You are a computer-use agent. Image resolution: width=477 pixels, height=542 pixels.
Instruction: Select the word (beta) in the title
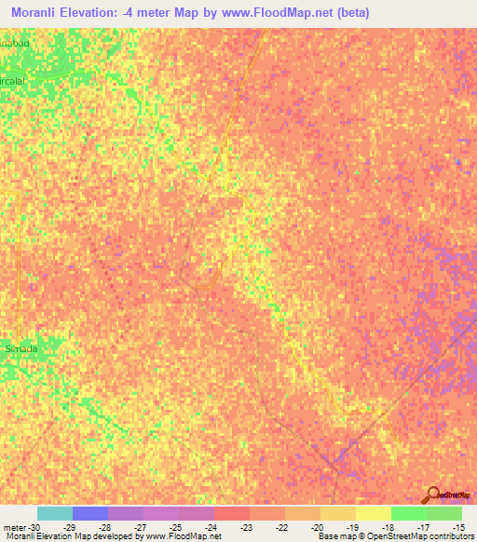coord(352,12)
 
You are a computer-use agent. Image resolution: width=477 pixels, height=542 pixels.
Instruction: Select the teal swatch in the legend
coord(54,513)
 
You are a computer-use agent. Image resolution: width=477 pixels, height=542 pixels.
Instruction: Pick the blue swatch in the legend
coord(89,513)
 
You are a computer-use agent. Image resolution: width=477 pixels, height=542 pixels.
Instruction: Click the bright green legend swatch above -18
coord(408,513)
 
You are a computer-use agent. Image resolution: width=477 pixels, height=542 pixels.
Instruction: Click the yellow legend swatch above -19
coord(373,513)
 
